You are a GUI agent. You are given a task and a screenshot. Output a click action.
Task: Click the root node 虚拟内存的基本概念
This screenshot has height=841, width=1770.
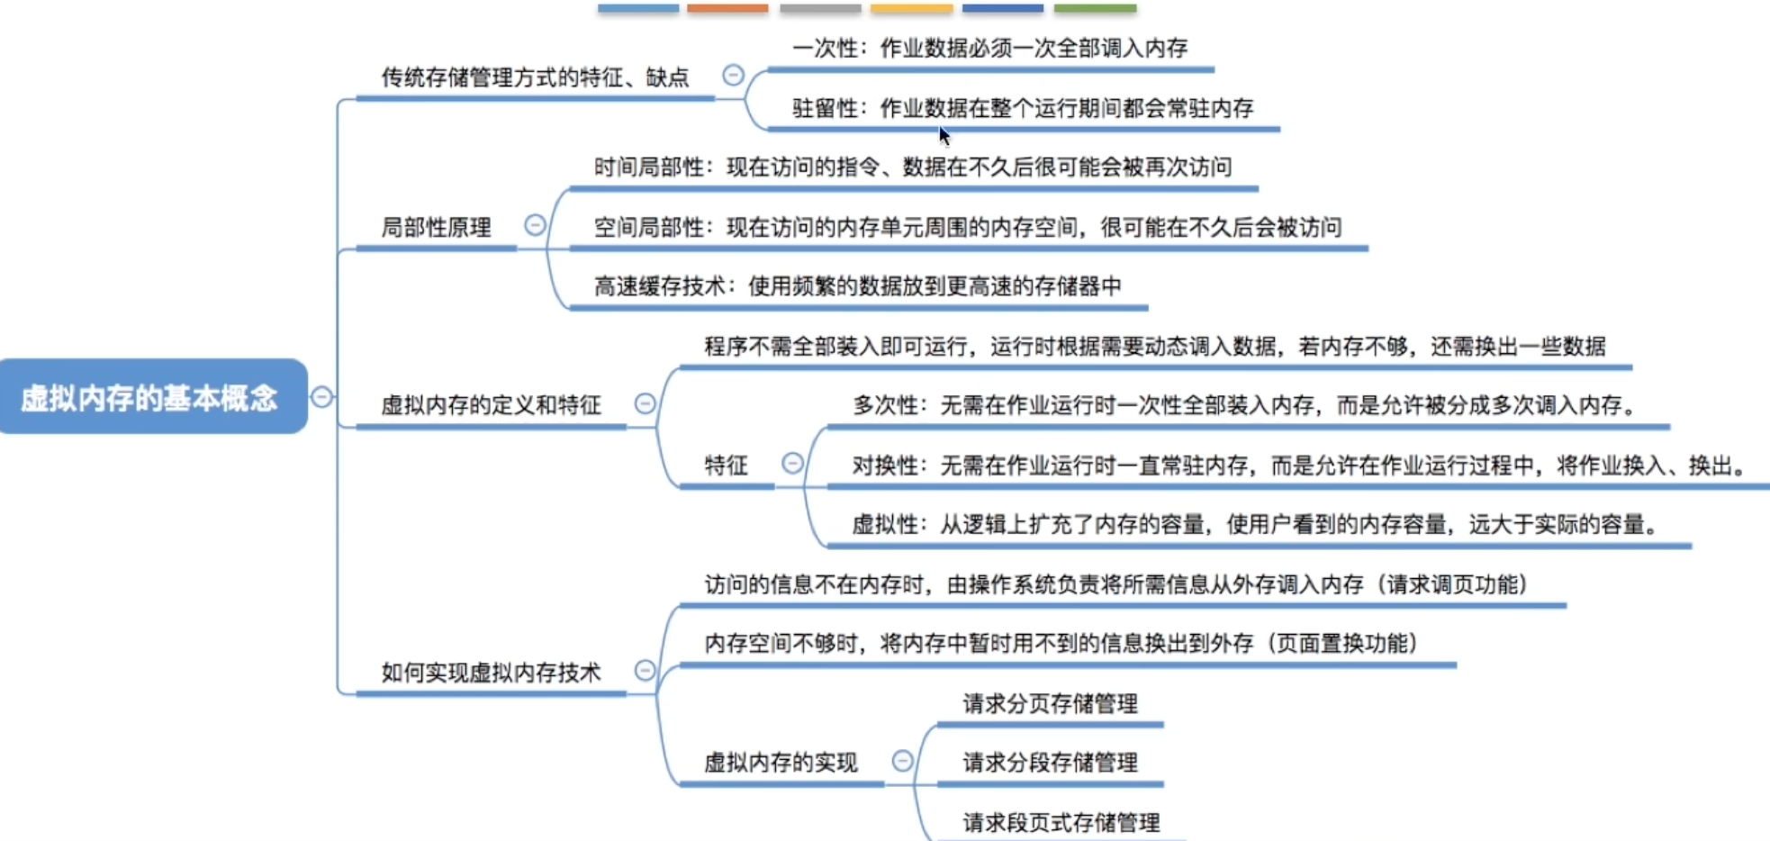[x=153, y=396]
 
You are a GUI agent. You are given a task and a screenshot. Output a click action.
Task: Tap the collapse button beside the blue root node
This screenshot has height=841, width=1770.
[x=321, y=396]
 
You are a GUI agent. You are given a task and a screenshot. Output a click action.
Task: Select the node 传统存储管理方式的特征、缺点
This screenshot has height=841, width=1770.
[x=535, y=77]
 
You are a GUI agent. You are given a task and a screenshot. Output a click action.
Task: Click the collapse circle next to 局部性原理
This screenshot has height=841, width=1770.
[x=535, y=224]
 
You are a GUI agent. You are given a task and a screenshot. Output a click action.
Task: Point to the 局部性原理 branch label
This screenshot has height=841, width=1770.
[x=437, y=227]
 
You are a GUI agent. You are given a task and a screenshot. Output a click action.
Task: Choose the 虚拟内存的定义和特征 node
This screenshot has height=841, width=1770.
[x=491, y=405]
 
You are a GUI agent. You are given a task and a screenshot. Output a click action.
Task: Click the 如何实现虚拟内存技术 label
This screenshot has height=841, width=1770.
[x=491, y=673]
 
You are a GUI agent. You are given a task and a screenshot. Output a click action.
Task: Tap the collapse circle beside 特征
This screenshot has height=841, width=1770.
[x=792, y=463]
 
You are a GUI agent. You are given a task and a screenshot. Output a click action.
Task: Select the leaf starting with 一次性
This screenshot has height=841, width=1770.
[x=990, y=48]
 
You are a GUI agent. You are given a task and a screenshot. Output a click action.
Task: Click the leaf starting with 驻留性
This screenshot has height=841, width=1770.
[x=1023, y=108]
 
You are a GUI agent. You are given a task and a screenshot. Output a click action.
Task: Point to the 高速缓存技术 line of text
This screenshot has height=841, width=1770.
[x=858, y=286]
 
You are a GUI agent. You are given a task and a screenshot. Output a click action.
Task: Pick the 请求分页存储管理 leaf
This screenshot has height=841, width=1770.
[x=1051, y=703]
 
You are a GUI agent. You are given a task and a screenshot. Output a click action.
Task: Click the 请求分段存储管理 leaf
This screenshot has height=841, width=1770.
[x=1051, y=763]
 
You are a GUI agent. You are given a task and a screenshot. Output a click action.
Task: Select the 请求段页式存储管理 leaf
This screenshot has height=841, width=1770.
[x=1061, y=822]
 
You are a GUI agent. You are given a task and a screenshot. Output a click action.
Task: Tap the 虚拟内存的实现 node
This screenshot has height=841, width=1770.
[x=781, y=763]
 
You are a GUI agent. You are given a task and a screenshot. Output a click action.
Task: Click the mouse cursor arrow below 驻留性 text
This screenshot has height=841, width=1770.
[x=944, y=135]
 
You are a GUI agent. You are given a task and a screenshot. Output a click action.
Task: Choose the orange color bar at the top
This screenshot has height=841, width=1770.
[x=727, y=8]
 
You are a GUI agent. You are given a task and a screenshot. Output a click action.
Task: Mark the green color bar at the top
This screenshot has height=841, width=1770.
[x=1095, y=8]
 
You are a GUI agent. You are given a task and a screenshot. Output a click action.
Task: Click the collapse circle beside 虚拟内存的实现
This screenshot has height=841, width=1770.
[x=902, y=761]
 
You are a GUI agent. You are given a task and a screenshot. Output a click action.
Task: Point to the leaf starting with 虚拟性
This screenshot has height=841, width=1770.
[x=1256, y=524]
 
